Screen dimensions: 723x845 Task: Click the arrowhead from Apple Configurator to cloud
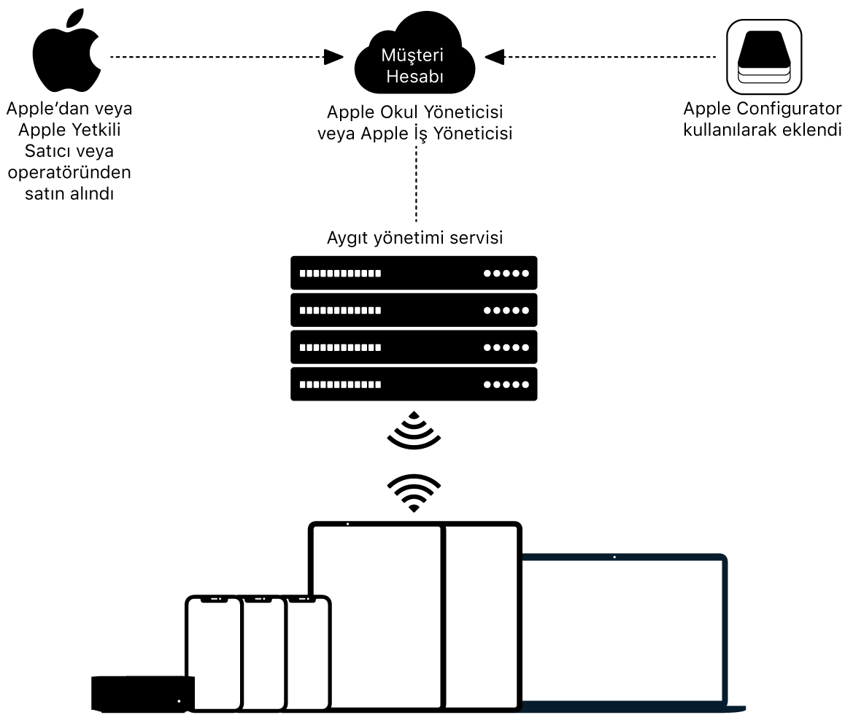point(495,56)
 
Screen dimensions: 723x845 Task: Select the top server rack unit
point(414,274)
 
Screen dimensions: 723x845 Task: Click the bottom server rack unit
point(414,384)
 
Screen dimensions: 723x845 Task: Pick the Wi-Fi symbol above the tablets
point(414,492)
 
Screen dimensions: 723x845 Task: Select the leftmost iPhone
point(213,653)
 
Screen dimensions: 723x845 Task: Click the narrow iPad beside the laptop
point(482,616)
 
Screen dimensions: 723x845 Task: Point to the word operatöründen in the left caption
point(69,174)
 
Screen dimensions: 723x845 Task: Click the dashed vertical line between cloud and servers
point(416,182)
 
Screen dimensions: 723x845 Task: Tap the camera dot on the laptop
point(614,558)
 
